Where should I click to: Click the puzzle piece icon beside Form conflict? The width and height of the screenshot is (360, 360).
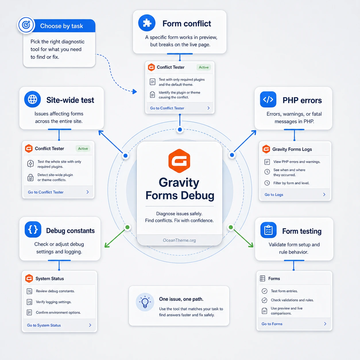(147, 23)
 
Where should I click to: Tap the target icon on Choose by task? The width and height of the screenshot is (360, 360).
(26, 25)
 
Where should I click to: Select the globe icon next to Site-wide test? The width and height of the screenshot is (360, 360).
(32, 99)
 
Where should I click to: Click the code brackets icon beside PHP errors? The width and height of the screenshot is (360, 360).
(268, 99)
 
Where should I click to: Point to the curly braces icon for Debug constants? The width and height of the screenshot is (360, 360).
(33, 229)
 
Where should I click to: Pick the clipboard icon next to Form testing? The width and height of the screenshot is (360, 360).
(268, 230)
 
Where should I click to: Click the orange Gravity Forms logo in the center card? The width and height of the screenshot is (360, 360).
(179, 161)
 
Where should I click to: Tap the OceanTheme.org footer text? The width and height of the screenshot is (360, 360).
(179, 240)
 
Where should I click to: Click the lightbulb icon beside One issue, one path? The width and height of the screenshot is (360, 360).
(145, 302)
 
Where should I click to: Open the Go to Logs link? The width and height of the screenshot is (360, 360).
(274, 195)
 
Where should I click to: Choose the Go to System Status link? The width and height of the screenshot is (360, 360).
(44, 325)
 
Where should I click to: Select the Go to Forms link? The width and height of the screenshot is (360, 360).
(272, 324)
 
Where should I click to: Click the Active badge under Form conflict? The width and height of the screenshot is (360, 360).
(204, 67)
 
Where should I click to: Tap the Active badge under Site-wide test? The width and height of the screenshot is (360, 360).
(83, 148)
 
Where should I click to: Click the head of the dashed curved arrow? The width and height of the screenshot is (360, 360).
(135, 92)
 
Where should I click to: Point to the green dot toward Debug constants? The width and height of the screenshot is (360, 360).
(127, 227)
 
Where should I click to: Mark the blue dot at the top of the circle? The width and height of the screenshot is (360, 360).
(180, 129)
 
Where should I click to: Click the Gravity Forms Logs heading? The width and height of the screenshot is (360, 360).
(292, 149)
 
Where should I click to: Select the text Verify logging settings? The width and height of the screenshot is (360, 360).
(54, 302)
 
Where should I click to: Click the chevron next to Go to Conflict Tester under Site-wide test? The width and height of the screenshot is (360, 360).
(88, 192)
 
